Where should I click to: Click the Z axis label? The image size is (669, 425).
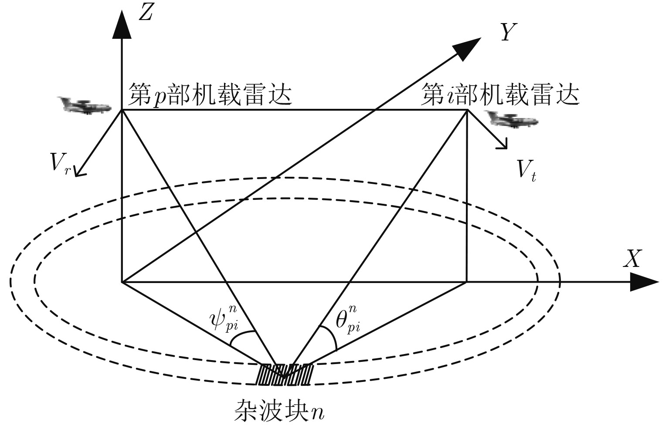tap(145, 14)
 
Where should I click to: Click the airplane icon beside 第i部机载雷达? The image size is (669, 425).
tap(512, 118)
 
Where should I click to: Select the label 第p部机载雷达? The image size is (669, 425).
tap(210, 95)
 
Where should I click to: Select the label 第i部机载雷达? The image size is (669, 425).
tap(500, 95)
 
